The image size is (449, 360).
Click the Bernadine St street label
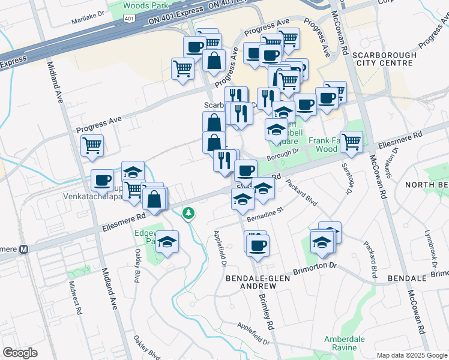[267, 211]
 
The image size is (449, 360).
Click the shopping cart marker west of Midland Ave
[92, 145]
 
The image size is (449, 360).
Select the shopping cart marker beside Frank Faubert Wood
[351, 142]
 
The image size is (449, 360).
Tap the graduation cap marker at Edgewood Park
[168, 242]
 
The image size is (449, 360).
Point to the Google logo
[20, 352]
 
